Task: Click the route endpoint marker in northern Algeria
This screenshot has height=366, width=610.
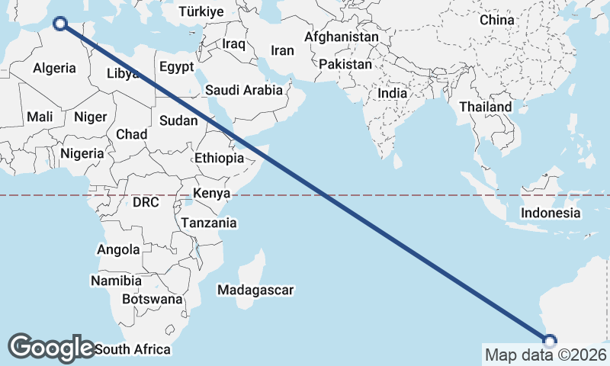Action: (x=59, y=24)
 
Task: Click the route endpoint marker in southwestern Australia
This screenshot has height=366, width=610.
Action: (x=549, y=341)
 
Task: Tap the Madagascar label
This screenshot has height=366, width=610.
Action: (x=255, y=290)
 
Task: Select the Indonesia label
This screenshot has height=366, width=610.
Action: (x=551, y=213)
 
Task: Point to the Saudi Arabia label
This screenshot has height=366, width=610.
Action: (x=243, y=90)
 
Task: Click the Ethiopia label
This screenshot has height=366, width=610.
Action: (x=219, y=158)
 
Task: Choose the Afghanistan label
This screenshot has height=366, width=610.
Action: (x=341, y=37)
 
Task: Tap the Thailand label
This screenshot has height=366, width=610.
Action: (x=486, y=107)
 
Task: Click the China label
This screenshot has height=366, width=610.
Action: (x=497, y=20)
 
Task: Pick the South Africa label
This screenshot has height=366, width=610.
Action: (x=133, y=350)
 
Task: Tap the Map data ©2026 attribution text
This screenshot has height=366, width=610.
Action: (x=545, y=355)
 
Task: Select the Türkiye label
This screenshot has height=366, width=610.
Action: (x=201, y=11)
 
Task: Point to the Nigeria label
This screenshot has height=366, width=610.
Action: (x=82, y=153)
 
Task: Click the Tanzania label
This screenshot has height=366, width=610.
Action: (x=208, y=223)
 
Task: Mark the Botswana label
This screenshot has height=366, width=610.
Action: (x=152, y=299)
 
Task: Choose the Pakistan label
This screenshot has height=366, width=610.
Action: (x=345, y=64)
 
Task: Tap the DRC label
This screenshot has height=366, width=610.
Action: (x=145, y=203)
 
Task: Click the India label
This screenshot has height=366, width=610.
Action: (x=393, y=93)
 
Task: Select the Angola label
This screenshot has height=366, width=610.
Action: (x=118, y=249)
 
